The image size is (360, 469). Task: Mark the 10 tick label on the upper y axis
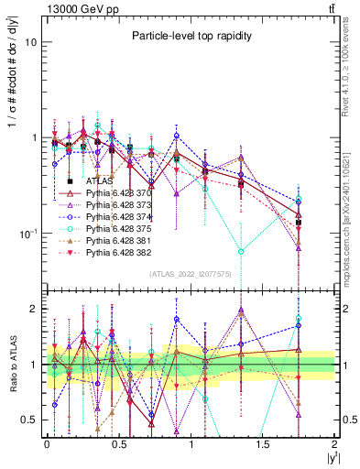pos(29,42)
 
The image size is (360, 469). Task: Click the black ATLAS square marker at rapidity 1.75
pos(299,223)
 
